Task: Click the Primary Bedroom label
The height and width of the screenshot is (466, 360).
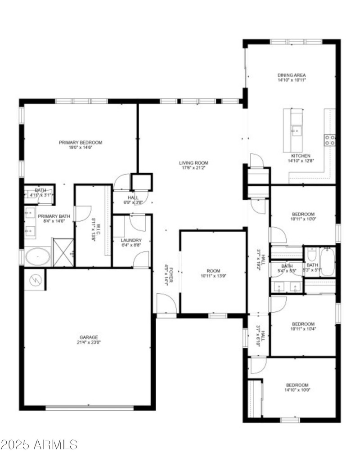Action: click(81, 143)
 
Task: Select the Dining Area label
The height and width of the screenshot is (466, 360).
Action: click(291, 75)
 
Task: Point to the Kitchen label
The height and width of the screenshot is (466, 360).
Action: click(301, 156)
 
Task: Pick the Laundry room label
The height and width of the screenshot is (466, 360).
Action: click(131, 240)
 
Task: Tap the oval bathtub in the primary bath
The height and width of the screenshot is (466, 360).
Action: click(37, 257)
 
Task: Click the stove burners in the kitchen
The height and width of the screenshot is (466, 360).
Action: click(330, 140)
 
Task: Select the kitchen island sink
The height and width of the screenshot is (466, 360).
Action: click(296, 131)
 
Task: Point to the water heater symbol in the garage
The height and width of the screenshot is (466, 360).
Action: click(35, 280)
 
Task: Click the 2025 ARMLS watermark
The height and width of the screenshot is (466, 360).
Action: click(40, 445)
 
